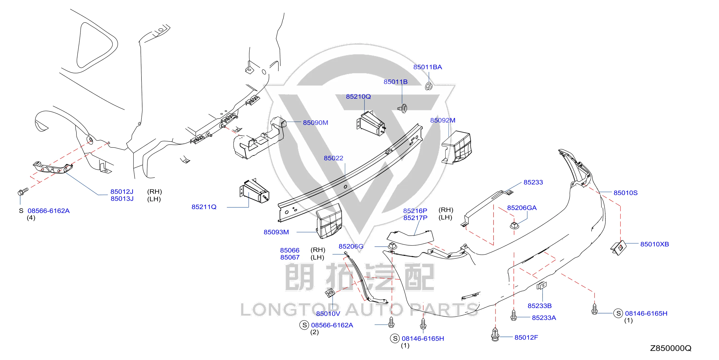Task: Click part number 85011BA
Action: pos(427,67)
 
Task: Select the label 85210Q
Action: pos(358,97)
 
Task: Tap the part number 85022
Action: pos(333,158)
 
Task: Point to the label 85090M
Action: pos(315,123)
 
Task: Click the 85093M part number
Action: pos(276,232)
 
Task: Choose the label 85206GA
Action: pos(522,208)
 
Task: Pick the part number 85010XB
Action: pos(654,244)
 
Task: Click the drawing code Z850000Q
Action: pos(671,348)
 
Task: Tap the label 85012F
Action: pos(526,337)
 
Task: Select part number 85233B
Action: pos(539,306)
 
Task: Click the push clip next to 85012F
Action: pos(495,334)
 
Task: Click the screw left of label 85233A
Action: pos(513,315)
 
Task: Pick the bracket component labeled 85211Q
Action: pos(254,191)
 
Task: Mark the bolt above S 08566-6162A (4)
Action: pos(23,192)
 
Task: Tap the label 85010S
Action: pos(626,193)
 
